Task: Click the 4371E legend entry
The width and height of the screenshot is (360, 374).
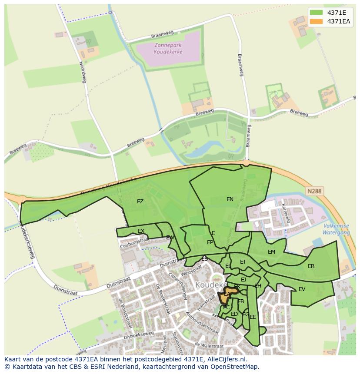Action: coord(335,13)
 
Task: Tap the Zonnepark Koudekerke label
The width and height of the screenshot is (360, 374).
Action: coord(168,48)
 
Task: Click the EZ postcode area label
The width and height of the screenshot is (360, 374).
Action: coord(140,202)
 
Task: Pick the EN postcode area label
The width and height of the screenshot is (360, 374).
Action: coord(230,199)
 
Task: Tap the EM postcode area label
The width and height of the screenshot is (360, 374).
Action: coord(271,252)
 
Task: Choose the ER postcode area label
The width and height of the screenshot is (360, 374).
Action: coord(311,266)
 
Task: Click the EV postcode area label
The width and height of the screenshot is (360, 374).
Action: coord(302,289)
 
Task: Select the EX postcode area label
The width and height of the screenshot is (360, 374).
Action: coord(141,231)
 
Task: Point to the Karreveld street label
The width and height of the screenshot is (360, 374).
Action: coord(286,213)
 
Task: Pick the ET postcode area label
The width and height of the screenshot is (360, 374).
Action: coord(243,262)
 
